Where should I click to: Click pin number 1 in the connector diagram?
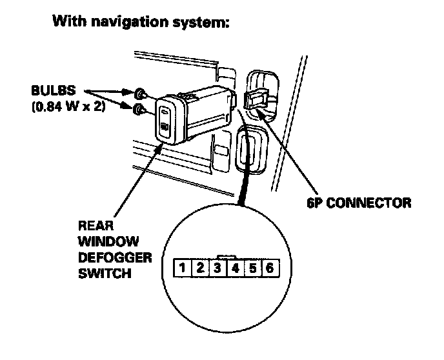[x=183, y=266]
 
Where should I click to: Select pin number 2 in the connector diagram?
[x=201, y=266]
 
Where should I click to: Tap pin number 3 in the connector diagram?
[x=218, y=266]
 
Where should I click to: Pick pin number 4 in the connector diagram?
[x=236, y=266]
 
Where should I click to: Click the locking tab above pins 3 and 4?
[x=227, y=255]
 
